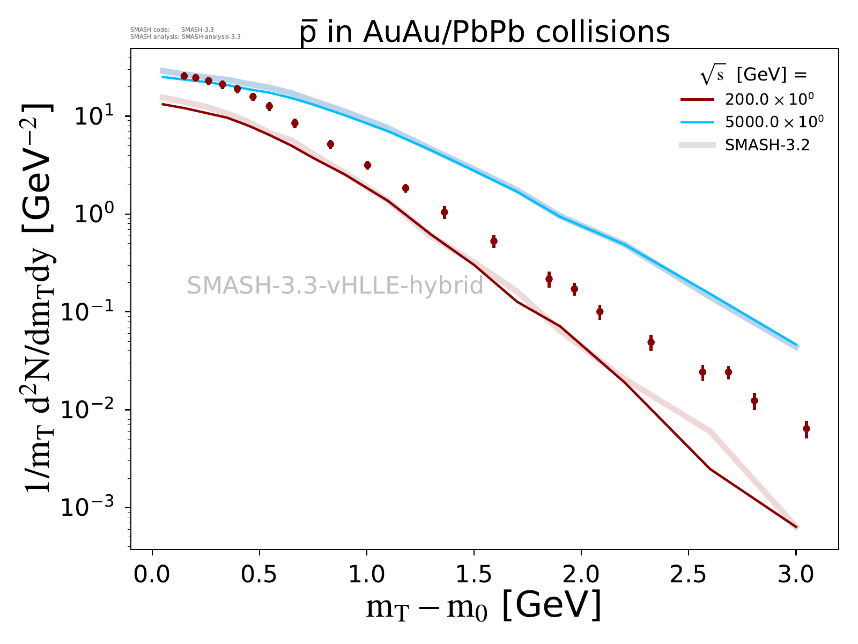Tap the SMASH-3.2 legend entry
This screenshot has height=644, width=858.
(767, 145)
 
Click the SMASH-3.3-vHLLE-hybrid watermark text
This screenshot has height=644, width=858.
(335, 286)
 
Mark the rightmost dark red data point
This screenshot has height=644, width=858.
(806, 429)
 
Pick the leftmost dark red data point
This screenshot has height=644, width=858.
(184, 76)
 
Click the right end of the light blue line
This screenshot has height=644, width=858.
(797, 345)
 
